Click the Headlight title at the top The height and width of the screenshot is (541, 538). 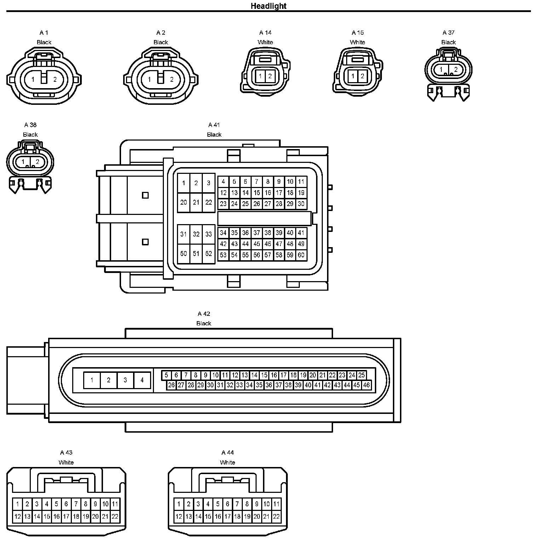point(269,6)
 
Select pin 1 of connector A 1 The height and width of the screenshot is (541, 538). point(33,79)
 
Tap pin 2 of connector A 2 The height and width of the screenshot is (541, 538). point(172,79)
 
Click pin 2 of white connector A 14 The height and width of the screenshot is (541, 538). point(270,76)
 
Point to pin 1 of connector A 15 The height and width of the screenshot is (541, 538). point(353,76)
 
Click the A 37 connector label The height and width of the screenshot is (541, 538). point(448,33)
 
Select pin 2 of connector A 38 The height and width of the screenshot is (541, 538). point(37,162)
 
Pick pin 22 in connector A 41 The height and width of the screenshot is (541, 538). point(208,202)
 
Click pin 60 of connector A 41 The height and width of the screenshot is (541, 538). point(301,255)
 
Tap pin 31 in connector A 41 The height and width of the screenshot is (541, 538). point(183,234)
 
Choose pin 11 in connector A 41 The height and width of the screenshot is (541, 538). point(301,182)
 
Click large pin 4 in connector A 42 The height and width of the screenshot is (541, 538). point(142,380)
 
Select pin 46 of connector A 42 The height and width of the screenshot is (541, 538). point(366,385)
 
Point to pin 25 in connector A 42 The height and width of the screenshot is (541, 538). point(361,375)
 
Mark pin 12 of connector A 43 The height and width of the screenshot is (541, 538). point(18,517)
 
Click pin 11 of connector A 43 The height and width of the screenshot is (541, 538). point(115,504)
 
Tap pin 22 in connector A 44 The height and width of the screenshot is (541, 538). point(276,517)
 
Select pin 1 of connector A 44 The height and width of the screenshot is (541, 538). point(179,504)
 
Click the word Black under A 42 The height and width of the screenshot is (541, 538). point(204,323)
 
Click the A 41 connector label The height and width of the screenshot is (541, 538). point(214,125)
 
